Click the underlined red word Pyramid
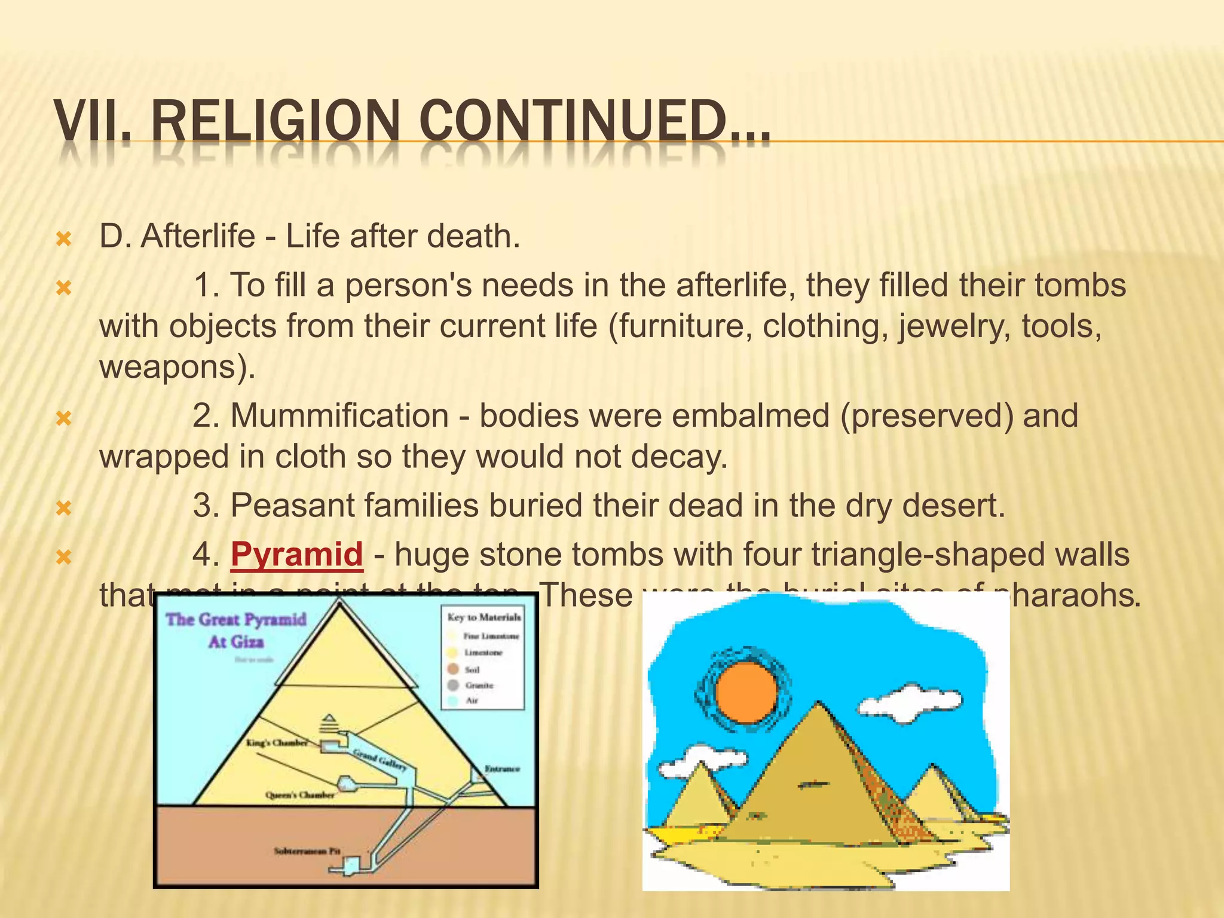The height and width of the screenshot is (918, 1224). [296, 554]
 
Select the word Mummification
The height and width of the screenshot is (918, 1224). [339, 415]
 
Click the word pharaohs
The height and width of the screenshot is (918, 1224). [1070, 595]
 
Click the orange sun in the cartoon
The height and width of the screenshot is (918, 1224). [746, 694]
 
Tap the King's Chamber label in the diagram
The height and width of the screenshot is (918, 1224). [277, 743]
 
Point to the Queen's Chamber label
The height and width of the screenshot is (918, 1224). [300, 795]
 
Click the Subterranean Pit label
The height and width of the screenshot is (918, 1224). [307, 850]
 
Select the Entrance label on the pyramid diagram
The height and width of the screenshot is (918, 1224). [502, 769]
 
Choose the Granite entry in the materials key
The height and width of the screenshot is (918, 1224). [479, 686]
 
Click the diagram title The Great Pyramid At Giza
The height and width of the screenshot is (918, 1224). [236, 630]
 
